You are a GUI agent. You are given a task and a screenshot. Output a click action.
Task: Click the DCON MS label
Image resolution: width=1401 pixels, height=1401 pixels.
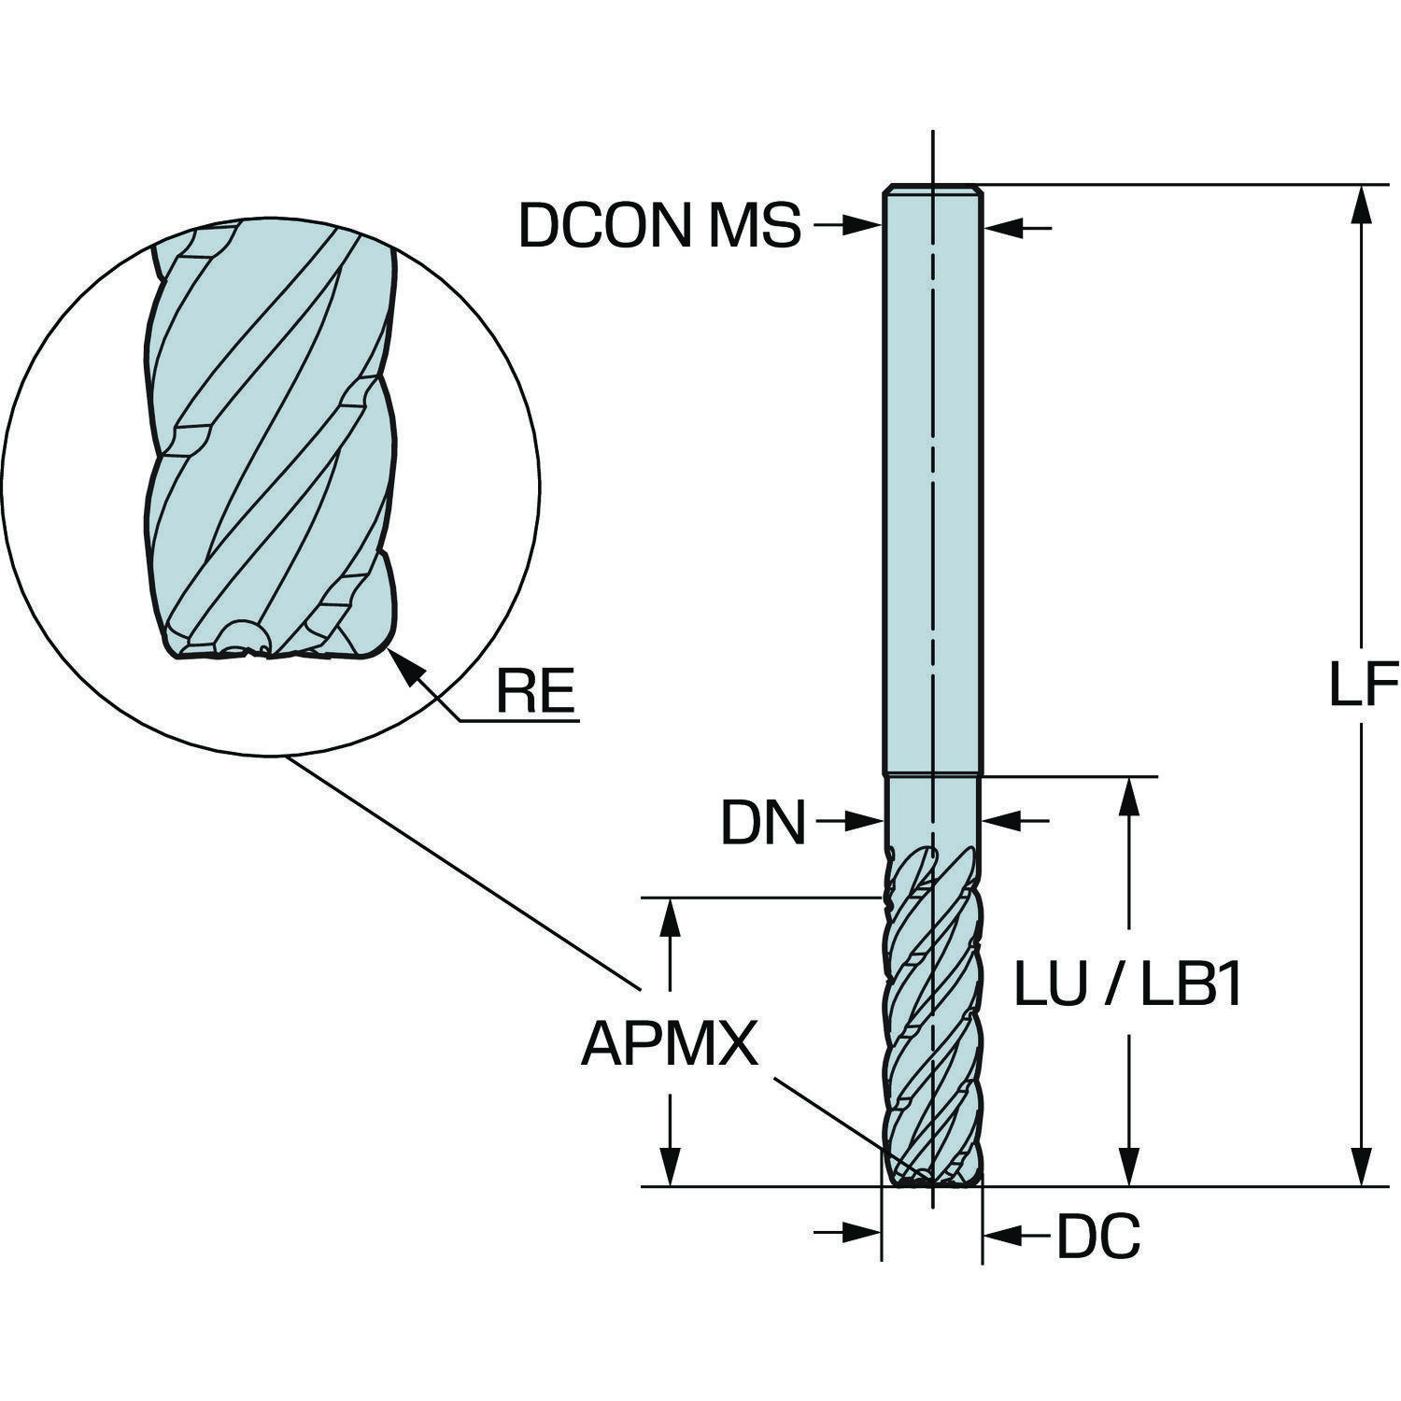659,226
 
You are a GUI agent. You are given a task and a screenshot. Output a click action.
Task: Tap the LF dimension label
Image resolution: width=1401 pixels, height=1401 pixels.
1362,686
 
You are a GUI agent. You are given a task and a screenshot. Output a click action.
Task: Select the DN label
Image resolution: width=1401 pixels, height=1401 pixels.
763,823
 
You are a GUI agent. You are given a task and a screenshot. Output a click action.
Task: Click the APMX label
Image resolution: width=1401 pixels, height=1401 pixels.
669,1043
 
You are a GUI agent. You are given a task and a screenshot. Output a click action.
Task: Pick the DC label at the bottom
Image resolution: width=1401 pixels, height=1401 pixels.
1098,1238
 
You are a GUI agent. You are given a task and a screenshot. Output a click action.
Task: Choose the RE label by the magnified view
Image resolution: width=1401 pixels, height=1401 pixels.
534,692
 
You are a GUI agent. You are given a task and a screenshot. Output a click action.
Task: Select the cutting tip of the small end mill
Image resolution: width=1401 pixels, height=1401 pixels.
931,1178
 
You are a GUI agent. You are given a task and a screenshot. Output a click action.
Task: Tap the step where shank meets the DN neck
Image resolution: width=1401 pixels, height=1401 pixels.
932,774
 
